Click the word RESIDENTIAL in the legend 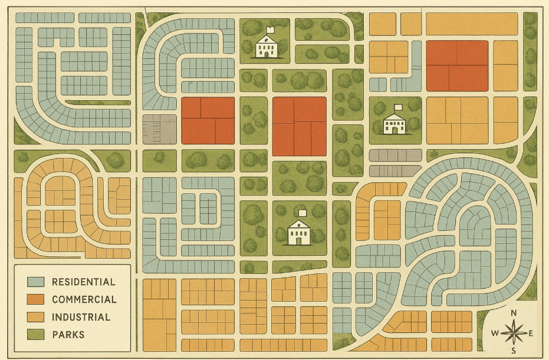point(83,282)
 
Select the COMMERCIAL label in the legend point(84,299)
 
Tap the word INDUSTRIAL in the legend point(81,317)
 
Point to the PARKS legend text point(68,335)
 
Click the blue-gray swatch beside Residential point(37,282)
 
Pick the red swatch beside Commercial point(37,299)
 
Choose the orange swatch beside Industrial point(37,317)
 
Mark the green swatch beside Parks point(37,335)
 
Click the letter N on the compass point(514,313)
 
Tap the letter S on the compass point(514,352)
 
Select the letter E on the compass point(531,333)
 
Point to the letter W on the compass point(495,333)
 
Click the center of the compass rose point(514,333)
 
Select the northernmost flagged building point(267,47)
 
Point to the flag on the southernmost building point(304,213)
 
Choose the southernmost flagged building point(300,233)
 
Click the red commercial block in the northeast point(456,65)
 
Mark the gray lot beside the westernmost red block point(159,129)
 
